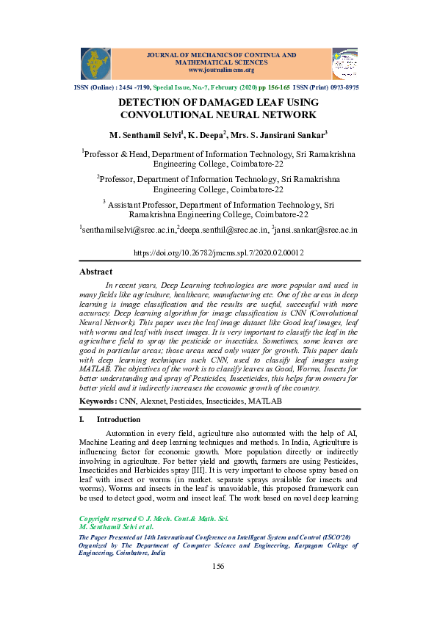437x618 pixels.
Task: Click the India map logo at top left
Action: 95,64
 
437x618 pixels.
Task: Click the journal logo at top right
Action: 344,64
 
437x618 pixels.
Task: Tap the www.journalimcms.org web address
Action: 221,70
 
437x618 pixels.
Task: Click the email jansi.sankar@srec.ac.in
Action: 316,230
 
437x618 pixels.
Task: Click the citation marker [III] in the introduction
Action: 224,468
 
